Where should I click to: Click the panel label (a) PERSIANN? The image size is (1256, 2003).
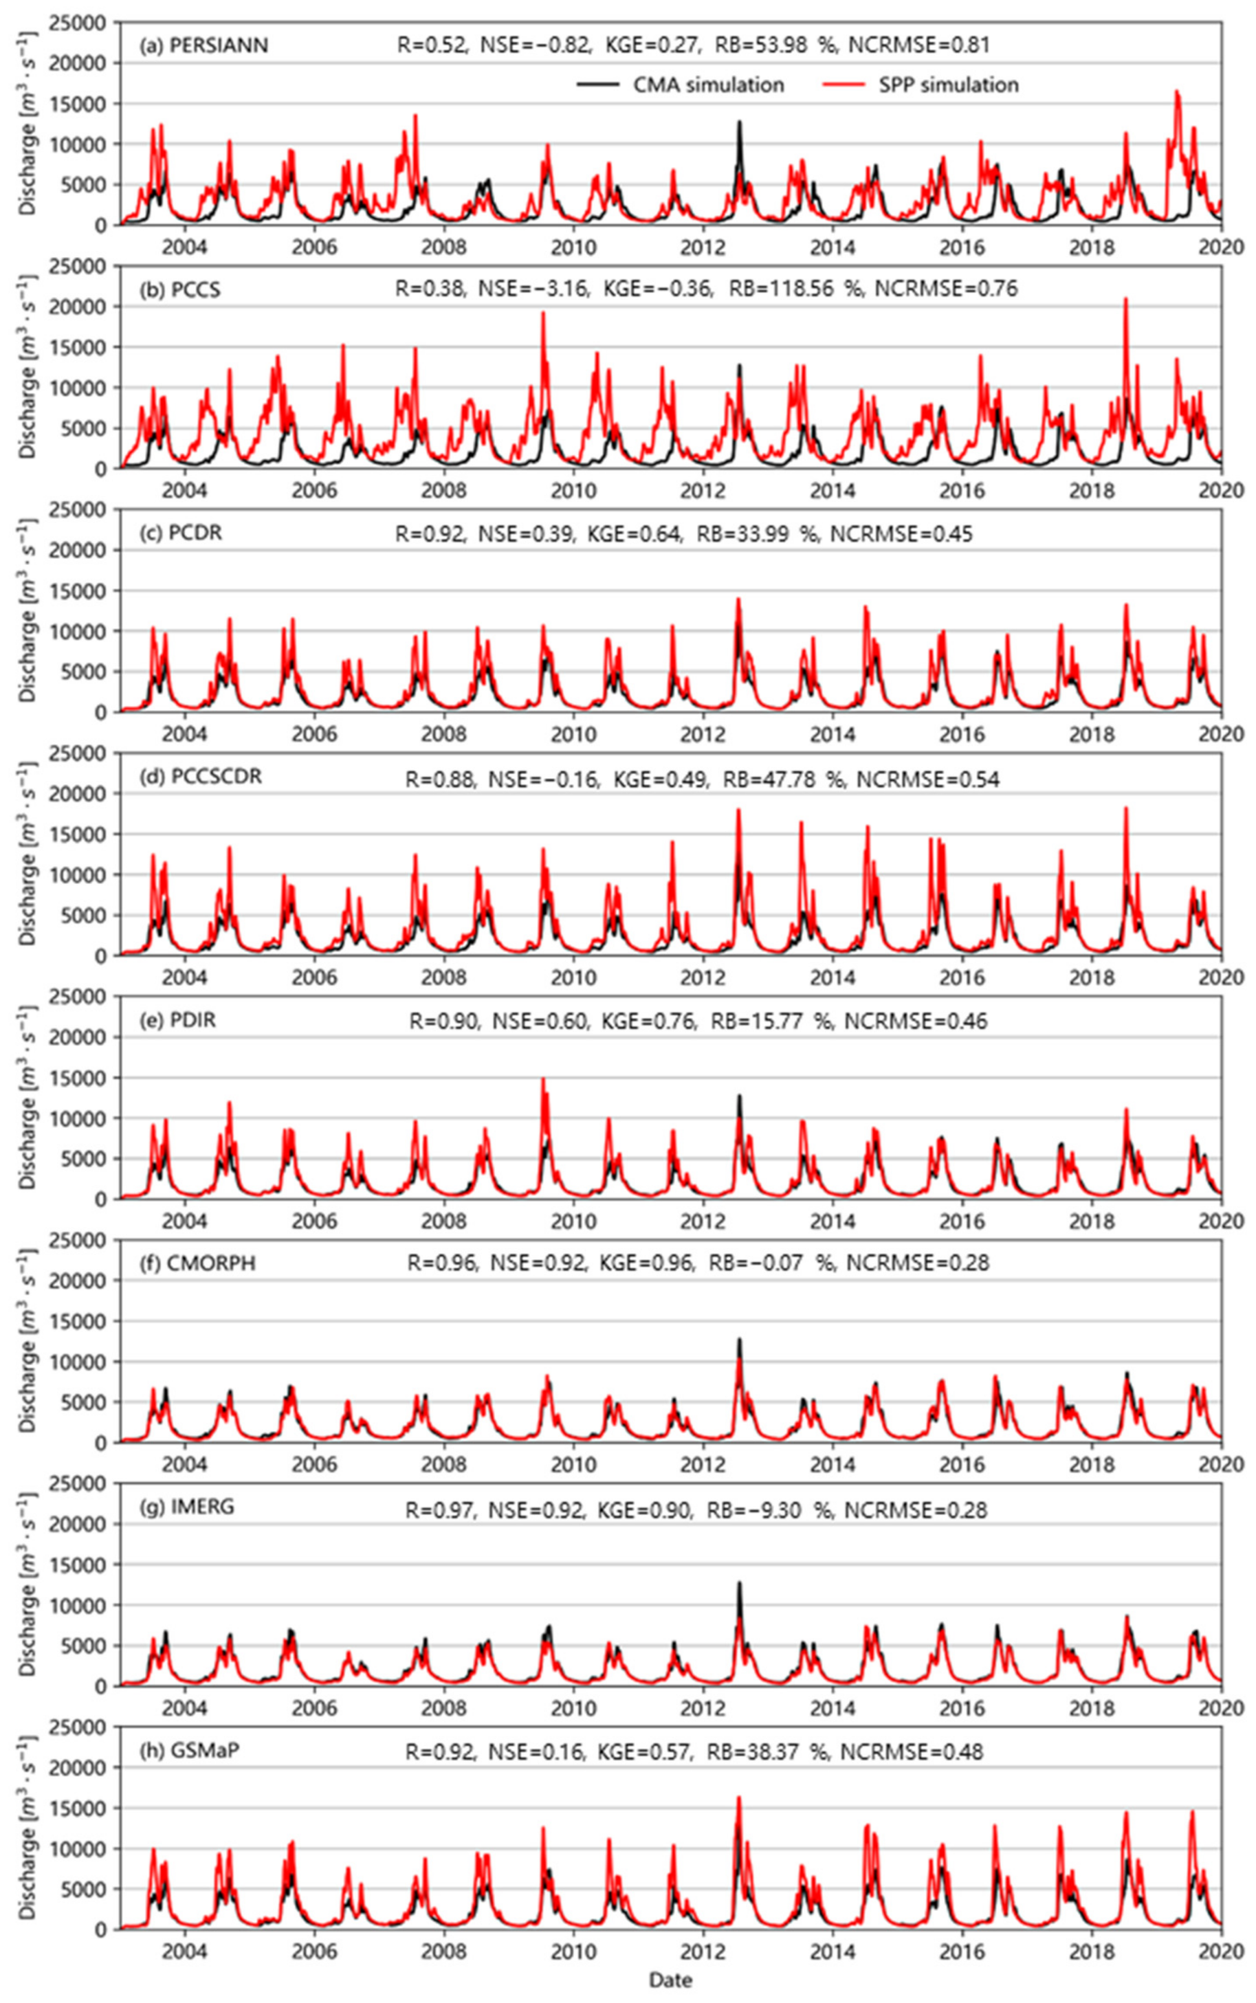pyautogui.click(x=203, y=45)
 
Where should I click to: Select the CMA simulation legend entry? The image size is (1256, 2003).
pyautogui.click(x=682, y=85)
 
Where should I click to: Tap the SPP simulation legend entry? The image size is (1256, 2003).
pyautogui.click(x=921, y=85)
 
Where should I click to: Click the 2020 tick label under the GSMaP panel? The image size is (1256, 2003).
pyautogui.click(x=1220, y=1950)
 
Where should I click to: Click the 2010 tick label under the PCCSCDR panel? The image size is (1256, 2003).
pyautogui.click(x=573, y=977)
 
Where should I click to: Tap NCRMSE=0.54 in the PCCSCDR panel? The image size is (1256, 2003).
pyautogui.click(x=928, y=779)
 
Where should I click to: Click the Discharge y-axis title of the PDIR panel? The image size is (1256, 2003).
pyautogui.click(x=27, y=1097)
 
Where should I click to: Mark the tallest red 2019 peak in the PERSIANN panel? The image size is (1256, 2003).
pyautogui.click(x=1177, y=93)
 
